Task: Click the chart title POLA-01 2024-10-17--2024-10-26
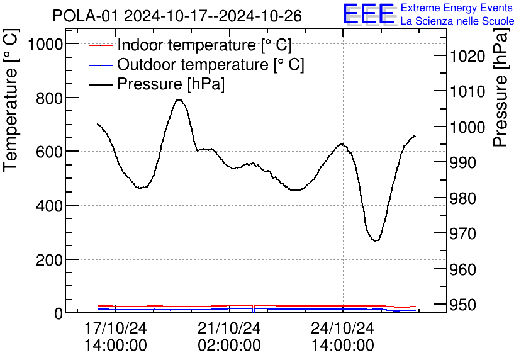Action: point(177,15)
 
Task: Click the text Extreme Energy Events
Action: point(457,8)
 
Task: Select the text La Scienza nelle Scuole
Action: point(457,21)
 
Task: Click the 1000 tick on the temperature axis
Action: point(42,44)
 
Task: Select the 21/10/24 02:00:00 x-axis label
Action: point(229,337)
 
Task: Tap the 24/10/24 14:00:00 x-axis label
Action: point(342,337)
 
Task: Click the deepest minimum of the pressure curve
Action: point(376,240)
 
